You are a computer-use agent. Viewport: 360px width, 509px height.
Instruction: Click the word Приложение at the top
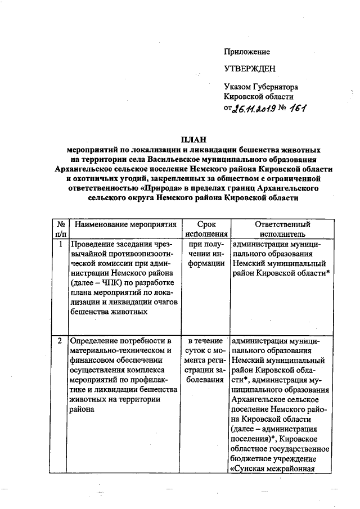pyautogui.click(x=247, y=52)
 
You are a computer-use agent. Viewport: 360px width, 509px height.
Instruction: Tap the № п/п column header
pyautogui.click(x=60, y=229)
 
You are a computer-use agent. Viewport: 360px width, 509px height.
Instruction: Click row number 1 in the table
pyautogui.click(x=60, y=245)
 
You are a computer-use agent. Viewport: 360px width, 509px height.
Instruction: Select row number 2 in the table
pyautogui.click(x=60, y=341)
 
